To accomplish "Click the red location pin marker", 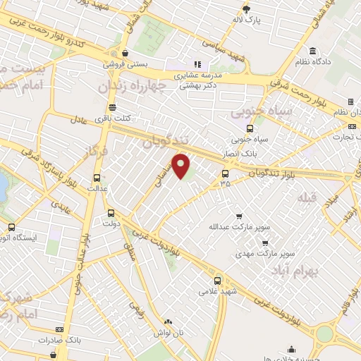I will [181, 166].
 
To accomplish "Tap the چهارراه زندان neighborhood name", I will [142, 87].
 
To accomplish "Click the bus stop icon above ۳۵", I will [226, 173].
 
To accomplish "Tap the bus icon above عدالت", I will [97, 178].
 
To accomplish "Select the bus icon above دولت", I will [111, 212].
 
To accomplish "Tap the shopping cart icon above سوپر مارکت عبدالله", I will [238, 216].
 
